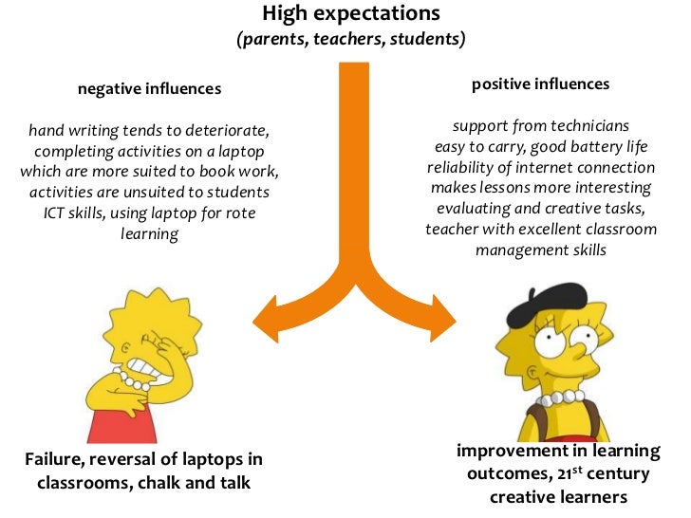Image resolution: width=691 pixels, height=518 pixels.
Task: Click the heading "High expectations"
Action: [x=350, y=13]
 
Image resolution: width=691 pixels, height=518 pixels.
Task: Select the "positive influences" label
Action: [x=540, y=84]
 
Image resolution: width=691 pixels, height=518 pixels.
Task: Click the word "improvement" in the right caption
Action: [x=510, y=449]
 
